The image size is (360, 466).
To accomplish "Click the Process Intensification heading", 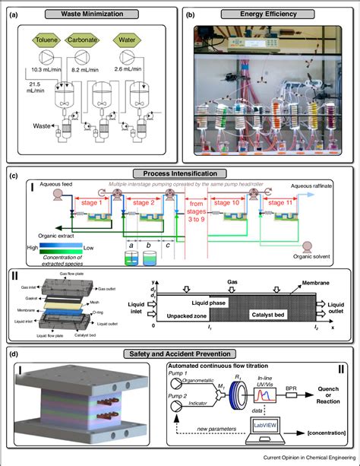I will (180, 173).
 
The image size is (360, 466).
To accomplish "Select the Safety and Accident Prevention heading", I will (180, 354).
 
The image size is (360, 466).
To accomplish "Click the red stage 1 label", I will (90, 204).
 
